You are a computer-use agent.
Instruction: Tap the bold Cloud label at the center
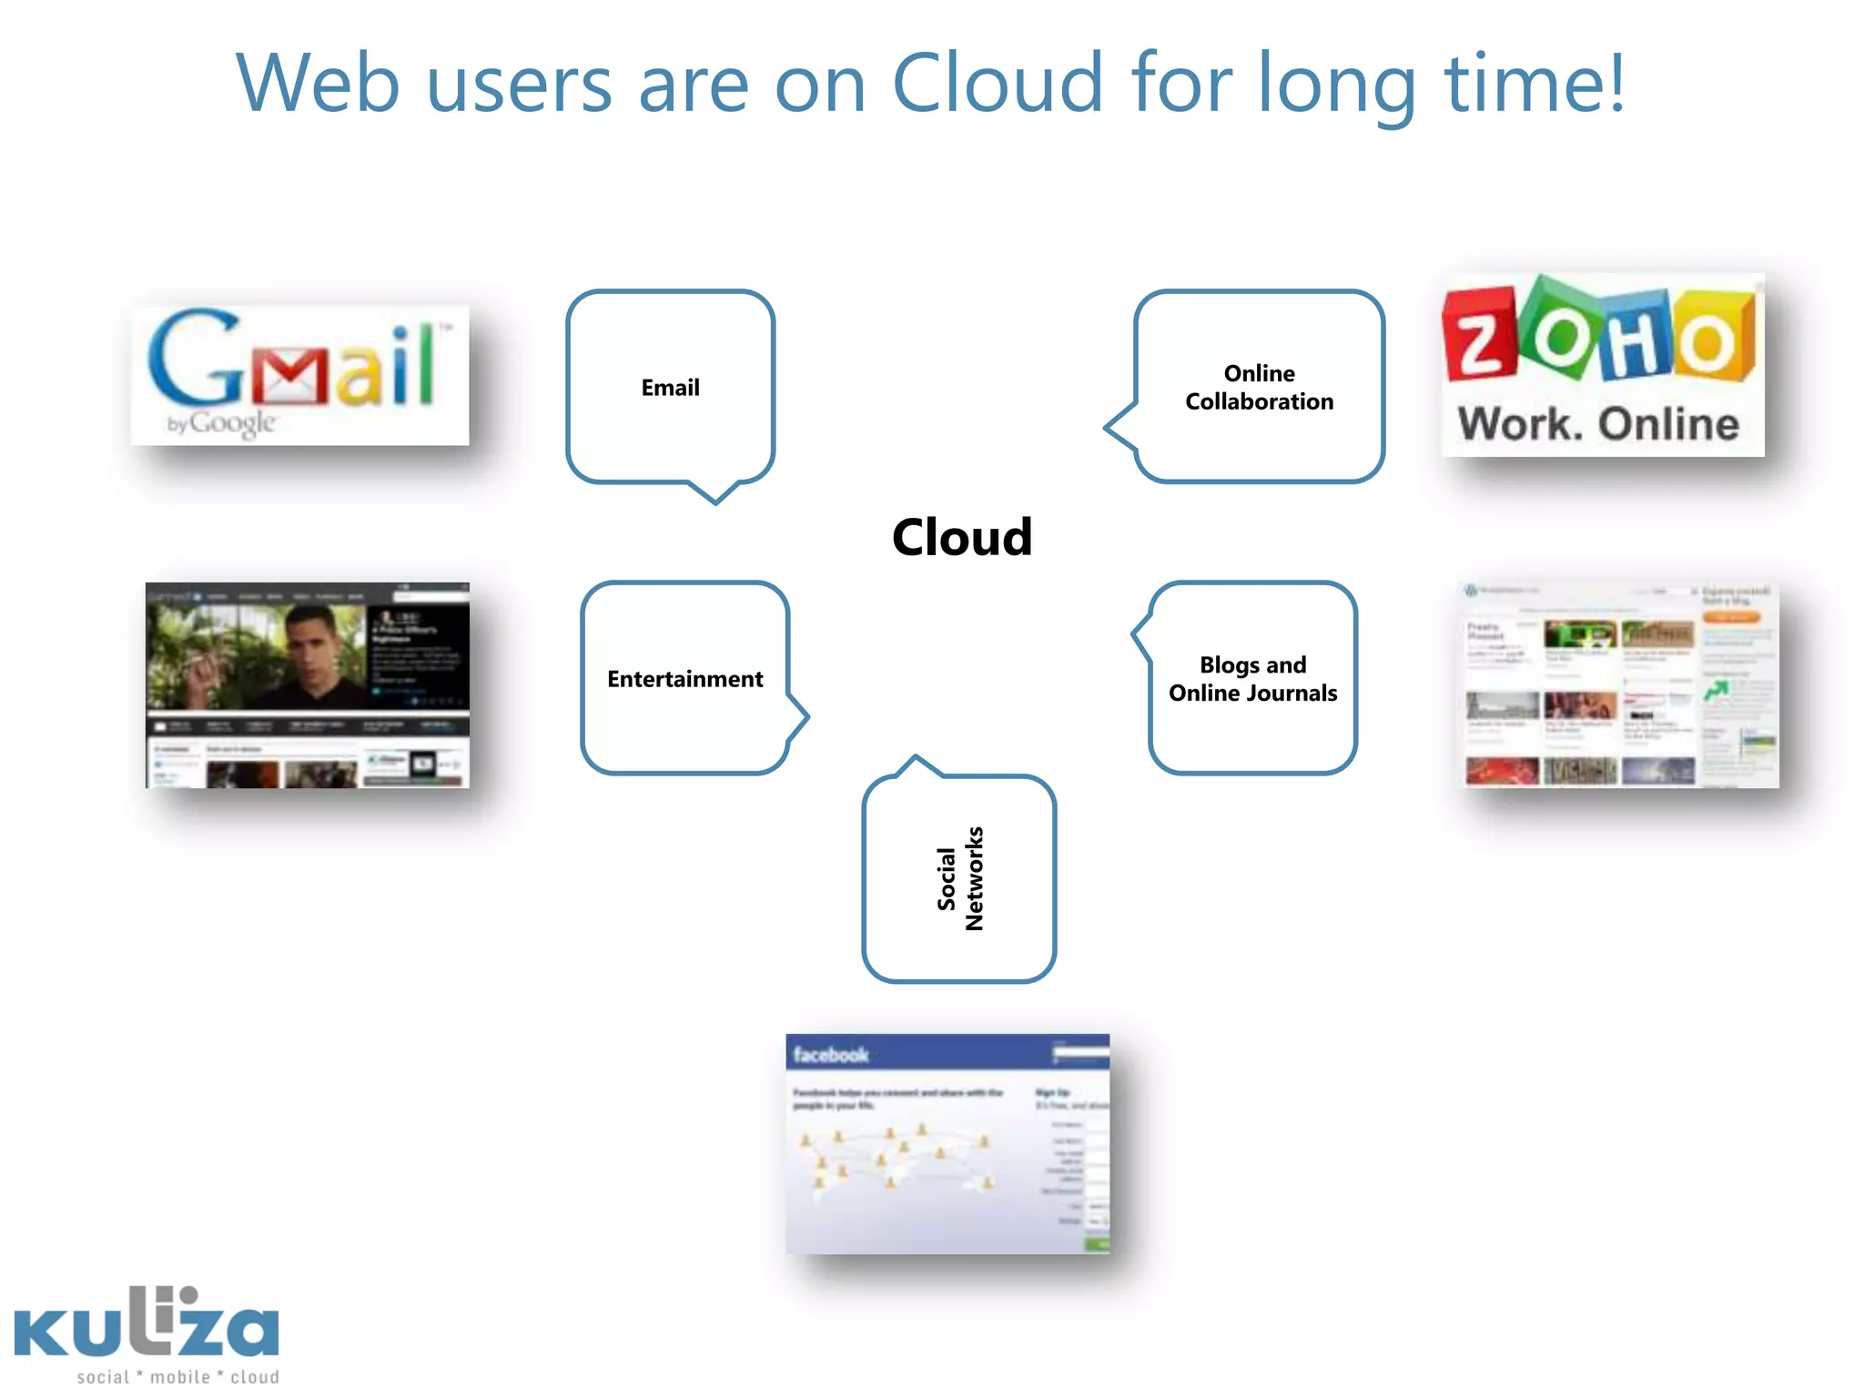click(962, 537)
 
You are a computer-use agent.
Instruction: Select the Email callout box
click(671, 388)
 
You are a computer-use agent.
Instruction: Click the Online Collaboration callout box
click(1259, 388)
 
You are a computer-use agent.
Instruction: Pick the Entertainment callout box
click(685, 679)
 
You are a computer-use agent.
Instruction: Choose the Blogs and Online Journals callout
click(1252, 679)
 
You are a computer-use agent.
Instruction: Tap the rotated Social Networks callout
click(959, 879)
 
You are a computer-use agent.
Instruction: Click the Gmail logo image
click(300, 375)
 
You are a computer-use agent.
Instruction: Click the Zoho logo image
click(1602, 364)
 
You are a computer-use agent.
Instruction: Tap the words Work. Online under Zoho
click(1598, 424)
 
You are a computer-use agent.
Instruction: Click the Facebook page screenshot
click(947, 1144)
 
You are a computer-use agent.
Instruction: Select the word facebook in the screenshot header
click(830, 1055)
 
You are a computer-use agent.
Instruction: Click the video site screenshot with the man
click(308, 684)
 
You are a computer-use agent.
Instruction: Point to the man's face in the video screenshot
click(311, 646)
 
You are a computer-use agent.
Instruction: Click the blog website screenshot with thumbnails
click(1618, 684)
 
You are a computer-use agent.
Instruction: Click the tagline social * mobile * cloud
click(178, 1377)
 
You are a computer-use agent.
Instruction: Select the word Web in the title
click(318, 84)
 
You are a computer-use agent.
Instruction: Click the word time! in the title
click(1535, 84)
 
